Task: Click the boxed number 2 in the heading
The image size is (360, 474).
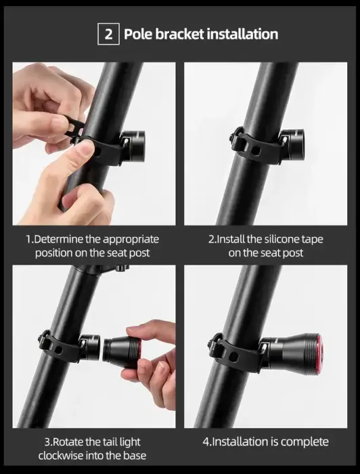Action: point(109,34)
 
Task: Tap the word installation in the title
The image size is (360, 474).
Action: point(242,34)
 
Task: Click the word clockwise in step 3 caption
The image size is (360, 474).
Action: point(65,456)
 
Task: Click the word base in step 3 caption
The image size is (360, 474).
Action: point(135,456)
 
